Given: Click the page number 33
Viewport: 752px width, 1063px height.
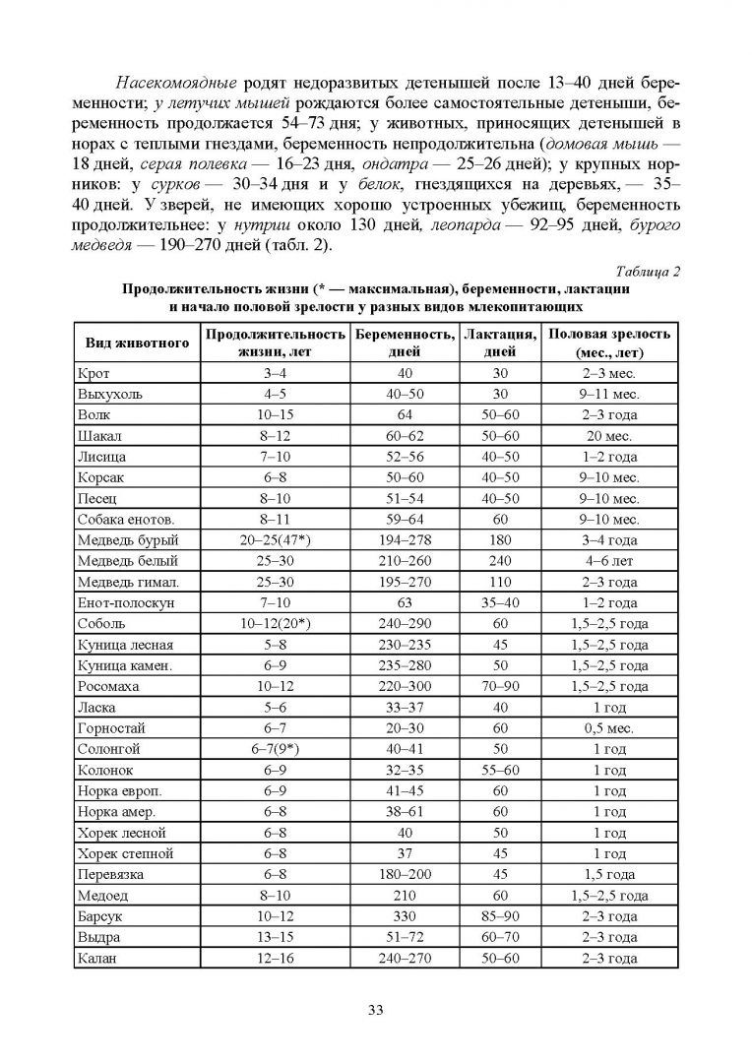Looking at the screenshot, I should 375,1009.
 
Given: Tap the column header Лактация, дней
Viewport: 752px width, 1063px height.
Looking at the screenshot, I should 501,343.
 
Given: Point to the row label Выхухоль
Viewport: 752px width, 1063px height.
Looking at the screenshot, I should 109,394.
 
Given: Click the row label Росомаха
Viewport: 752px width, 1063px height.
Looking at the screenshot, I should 108,687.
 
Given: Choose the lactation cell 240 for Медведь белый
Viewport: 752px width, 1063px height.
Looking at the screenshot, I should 501,561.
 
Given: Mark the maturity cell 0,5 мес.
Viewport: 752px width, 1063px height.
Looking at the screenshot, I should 609,728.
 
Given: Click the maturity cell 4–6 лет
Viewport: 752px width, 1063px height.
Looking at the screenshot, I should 609,561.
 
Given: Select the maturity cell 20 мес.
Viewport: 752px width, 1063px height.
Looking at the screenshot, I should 609,436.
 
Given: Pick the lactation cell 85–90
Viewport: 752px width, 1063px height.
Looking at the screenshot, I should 501,916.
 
